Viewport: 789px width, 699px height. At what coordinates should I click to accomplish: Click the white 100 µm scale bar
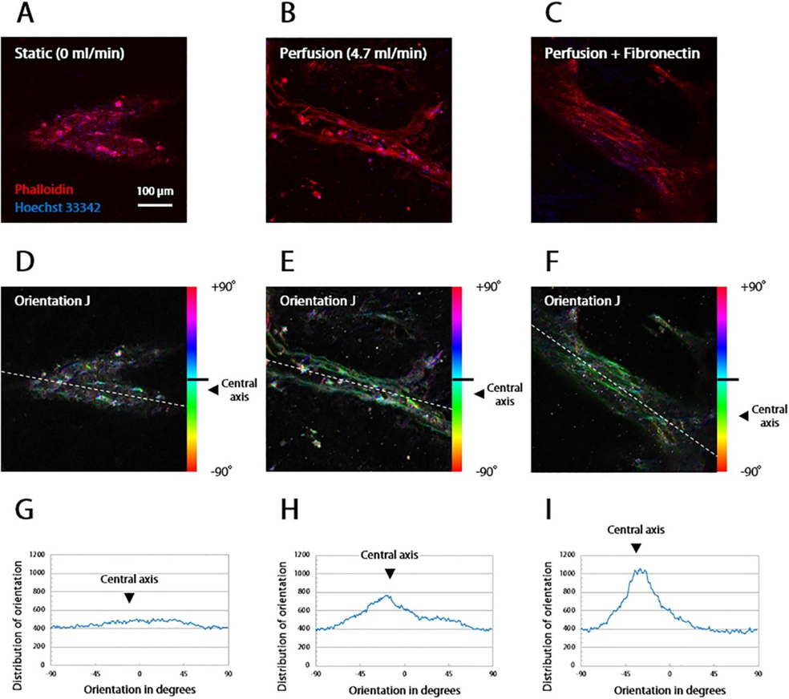[x=154, y=203]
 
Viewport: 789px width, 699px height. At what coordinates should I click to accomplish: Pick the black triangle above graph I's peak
[x=635, y=547]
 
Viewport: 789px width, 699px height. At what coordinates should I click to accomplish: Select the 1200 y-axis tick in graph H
[x=301, y=554]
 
